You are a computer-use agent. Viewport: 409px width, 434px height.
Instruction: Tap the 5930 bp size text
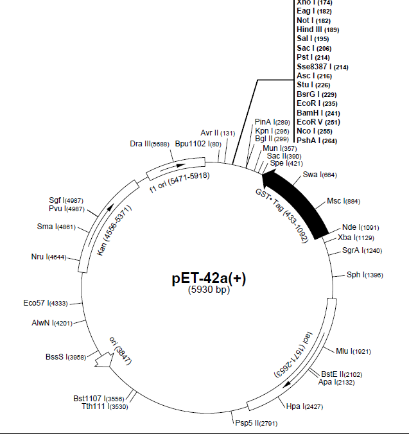pyautogui.click(x=209, y=290)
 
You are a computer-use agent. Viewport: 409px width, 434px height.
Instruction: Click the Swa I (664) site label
pyautogui.click(x=319, y=175)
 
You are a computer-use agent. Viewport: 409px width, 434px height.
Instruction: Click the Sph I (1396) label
pyautogui.click(x=364, y=275)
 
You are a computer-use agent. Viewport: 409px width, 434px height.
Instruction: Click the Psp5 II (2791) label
pyautogui.click(x=256, y=423)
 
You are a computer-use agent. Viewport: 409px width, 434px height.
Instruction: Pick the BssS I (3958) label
pyautogui.click(x=67, y=356)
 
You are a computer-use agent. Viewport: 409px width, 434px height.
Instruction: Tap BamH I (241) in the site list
pyautogui.click(x=318, y=112)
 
